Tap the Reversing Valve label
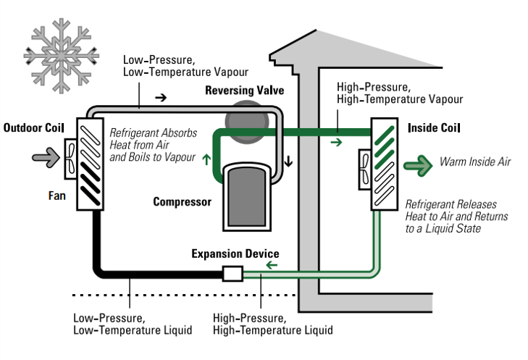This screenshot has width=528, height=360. (244, 91)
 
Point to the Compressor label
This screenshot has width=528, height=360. (182, 201)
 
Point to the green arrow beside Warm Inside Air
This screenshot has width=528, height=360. (418, 162)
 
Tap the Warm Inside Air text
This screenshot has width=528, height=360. (474, 162)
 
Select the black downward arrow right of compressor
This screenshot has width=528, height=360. (288, 161)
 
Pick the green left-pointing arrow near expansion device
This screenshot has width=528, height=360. (272, 266)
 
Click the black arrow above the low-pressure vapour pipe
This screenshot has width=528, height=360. (161, 96)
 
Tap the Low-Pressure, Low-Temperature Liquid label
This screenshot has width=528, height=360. (133, 324)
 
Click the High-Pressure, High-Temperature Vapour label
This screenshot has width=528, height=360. (399, 92)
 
